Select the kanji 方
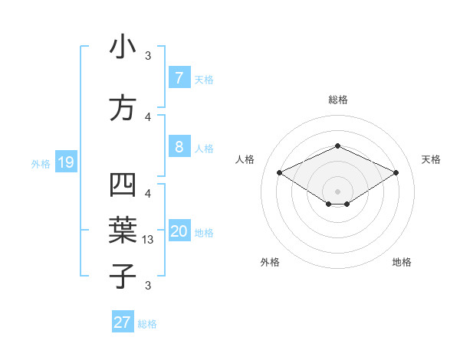click(123, 108)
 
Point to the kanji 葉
click(123, 231)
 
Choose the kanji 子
click(123, 276)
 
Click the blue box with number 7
click(179, 78)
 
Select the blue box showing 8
click(179, 147)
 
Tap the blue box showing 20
click(179, 232)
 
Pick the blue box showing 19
click(65, 162)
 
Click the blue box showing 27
click(123, 322)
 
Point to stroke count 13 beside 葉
click(149, 240)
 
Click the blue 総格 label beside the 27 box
click(147, 324)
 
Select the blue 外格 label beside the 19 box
click(41, 163)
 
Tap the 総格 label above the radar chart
click(337, 100)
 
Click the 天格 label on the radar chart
click(431, 159)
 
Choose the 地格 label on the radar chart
click(402, 262)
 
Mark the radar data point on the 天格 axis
click(396, 173)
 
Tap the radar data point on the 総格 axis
click(337, 146)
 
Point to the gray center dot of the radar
click(337, 191)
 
